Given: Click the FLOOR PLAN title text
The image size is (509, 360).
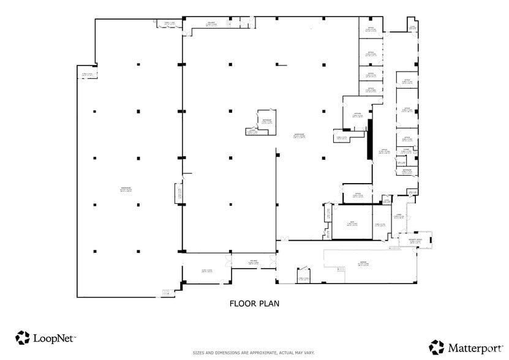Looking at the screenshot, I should (254, 303).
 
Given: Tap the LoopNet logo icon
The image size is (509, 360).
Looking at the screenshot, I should (23, 337).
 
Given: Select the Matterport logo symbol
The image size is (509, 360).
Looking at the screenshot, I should (436, 347).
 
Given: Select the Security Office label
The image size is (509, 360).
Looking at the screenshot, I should (415, 241).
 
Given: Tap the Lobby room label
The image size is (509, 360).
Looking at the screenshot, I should (398, 216).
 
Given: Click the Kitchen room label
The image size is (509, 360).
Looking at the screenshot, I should (358, 114).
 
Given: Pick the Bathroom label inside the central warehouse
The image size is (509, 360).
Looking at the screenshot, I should (266, 121).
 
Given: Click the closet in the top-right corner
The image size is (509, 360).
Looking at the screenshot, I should (413, 28).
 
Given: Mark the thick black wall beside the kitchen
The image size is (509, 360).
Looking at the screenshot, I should (369, 140).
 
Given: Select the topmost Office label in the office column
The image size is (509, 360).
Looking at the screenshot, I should (370, 29).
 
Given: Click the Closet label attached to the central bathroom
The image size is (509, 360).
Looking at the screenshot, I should (252, 131).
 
